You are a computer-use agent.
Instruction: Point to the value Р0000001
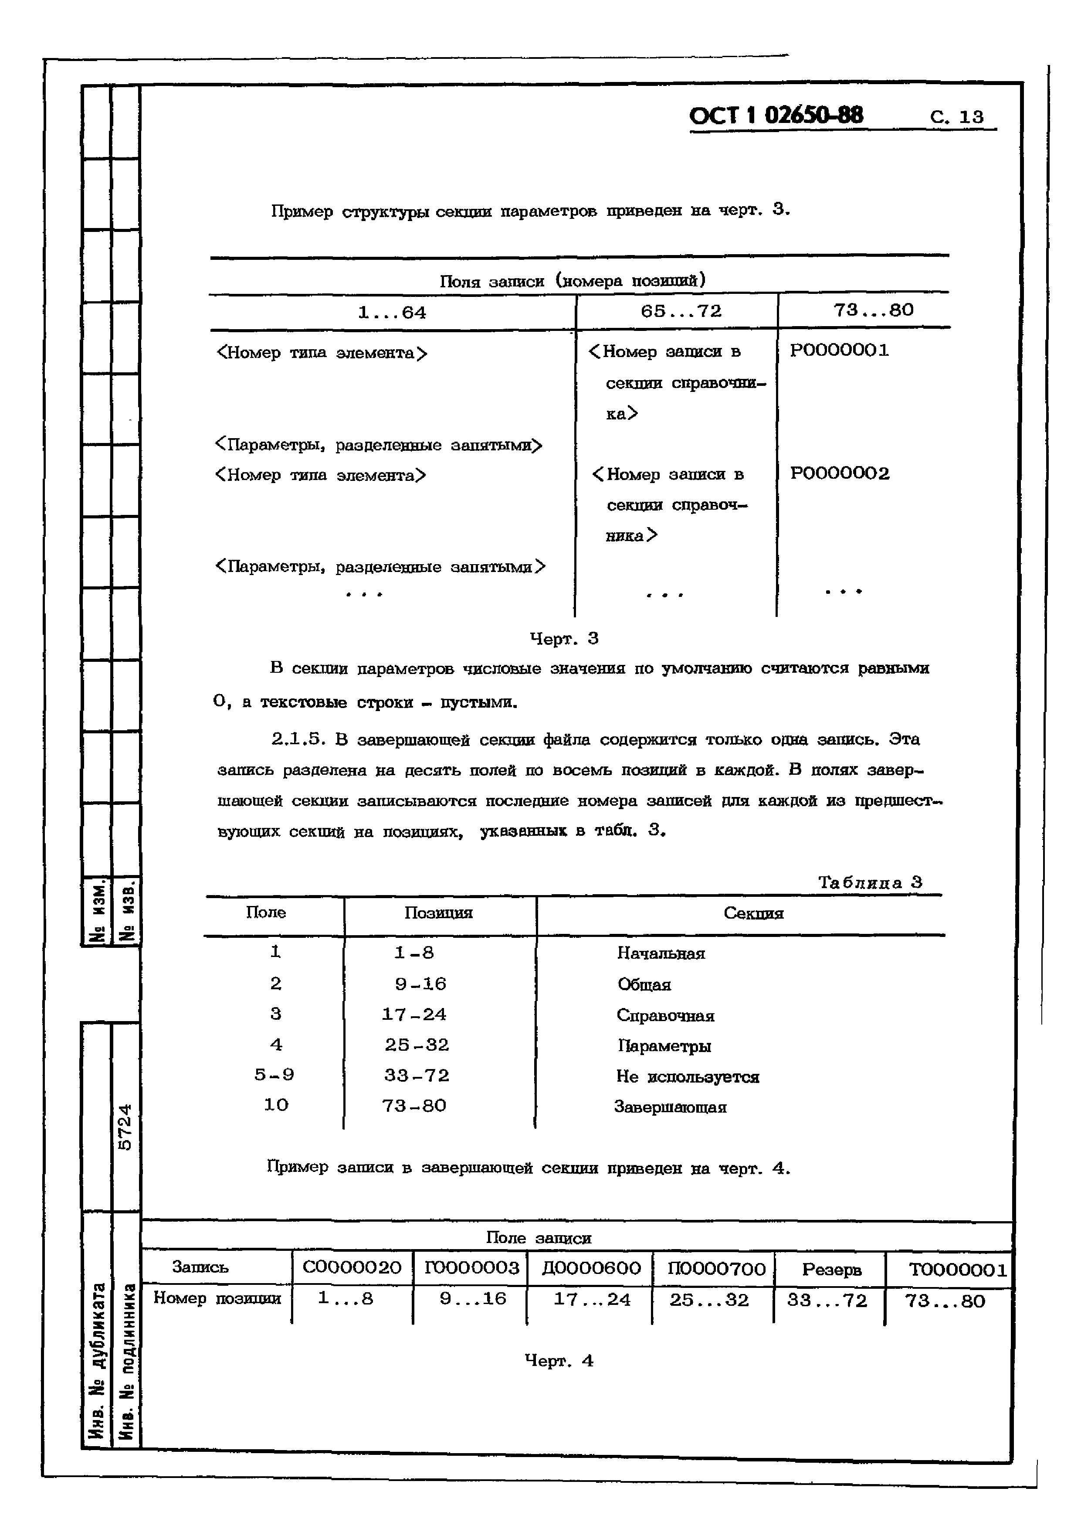(x=839, y=350)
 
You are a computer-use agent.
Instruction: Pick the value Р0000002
(x=839, y=473)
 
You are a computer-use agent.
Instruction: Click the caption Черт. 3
(x=564, y=639)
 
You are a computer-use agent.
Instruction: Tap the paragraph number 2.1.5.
(x=298, y=739)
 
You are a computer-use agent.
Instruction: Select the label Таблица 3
(x=869, y=882)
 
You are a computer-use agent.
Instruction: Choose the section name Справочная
(x=665, y=1015)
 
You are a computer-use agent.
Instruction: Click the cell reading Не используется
(x=687, y=1077)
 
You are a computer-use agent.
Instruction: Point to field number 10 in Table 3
(x=275, y=1105)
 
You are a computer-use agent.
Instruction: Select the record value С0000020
(x=352, y=1267)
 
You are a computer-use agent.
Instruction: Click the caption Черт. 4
(x=559, y=1361)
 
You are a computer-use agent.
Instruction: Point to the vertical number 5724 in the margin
(x=125, y=1127)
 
